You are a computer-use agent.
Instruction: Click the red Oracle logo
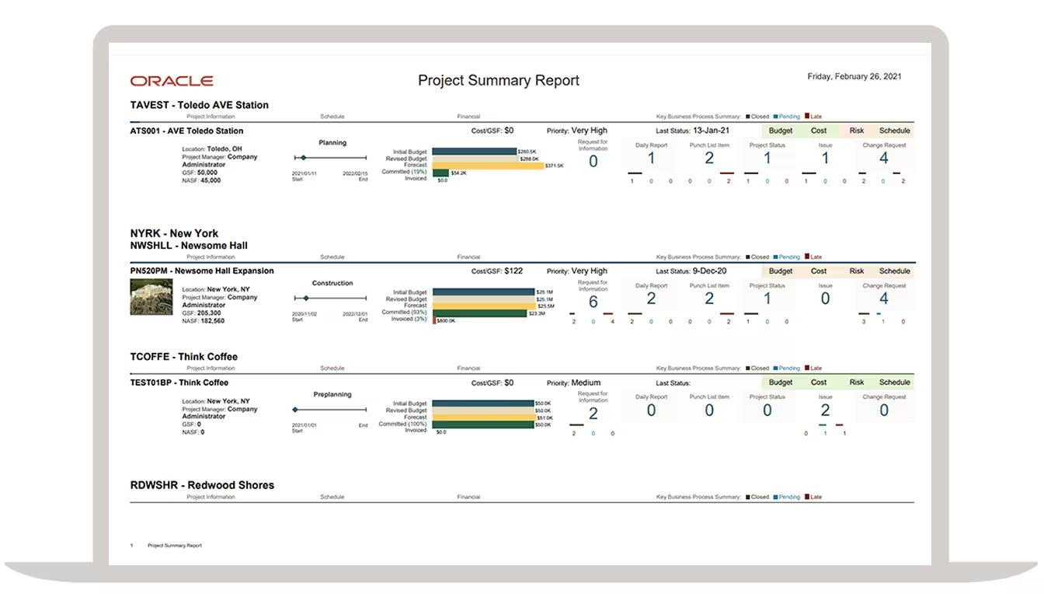[x=172, y=81]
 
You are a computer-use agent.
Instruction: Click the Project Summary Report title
[x=498, y=80]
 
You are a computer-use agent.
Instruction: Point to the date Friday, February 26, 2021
[x=854, y=76]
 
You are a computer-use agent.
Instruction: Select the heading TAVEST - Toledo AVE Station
[x=200, y=105]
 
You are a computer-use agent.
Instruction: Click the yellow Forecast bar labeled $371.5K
[x=488, y=166]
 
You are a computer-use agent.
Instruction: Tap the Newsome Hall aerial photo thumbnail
[x=151, y=297]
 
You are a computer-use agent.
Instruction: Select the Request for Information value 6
[x=593, y=302]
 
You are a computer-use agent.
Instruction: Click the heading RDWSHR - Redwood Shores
[x=202, y=485]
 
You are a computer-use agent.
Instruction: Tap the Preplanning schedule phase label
[x=332, y=394]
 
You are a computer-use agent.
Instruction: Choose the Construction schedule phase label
[x=332, y=283]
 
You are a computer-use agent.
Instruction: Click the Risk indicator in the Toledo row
[x=856, y=131]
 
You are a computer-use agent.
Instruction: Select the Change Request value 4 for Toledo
[x=883, y=159]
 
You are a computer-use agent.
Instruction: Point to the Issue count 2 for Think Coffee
[x=825, y=411]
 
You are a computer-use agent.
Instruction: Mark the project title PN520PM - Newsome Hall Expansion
[x=202, y=271]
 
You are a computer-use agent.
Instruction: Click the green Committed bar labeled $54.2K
[x=440, y=173]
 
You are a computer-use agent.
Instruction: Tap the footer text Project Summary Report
[x=175, y=546]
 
